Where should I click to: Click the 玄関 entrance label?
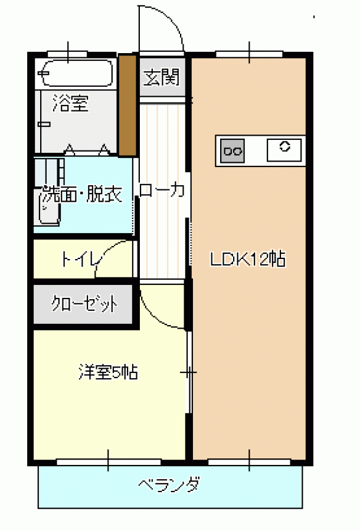(161, 77)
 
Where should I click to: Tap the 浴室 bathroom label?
(70, 103)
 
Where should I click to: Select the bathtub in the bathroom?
(76, 73)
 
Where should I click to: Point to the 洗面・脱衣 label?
(81, 194)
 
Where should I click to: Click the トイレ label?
(81, 260)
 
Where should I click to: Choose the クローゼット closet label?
(84, 303)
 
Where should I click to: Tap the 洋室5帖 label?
(108, 372)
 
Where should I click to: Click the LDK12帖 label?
(248, 260)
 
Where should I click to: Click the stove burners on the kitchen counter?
(233, 150)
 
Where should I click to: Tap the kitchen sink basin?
(284, 150)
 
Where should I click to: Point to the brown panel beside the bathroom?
(127, 106)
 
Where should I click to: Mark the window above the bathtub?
(68, 54)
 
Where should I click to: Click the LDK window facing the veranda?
(249, 462)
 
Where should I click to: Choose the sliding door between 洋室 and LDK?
(189, 372)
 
